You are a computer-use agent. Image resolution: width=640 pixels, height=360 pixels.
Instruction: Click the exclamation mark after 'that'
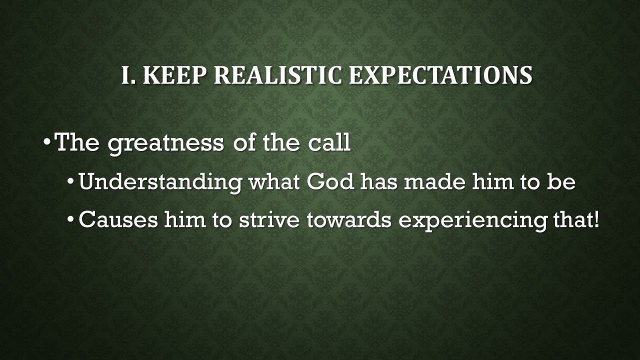pyautogui.click(x=594, y=220)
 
